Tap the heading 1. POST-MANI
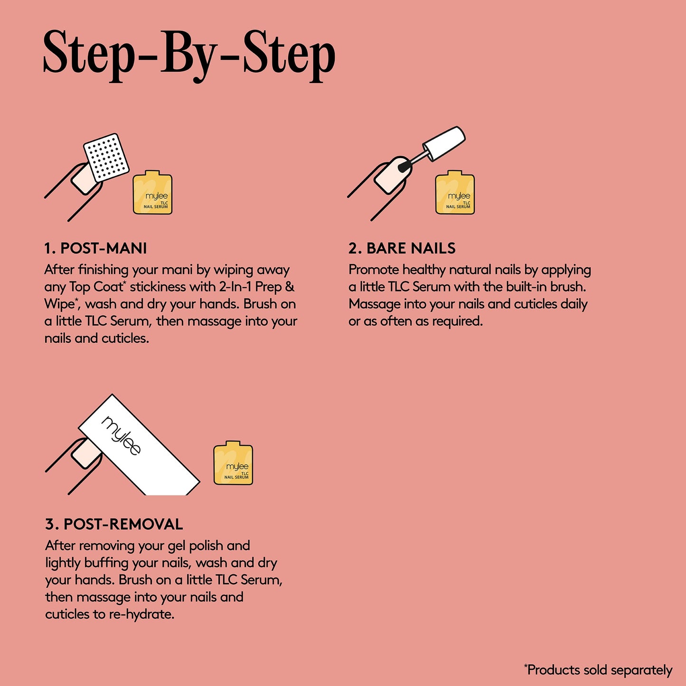pos(95,248)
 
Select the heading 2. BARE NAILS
pos(402,248)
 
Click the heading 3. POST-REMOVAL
pos(114,524)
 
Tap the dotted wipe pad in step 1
pos(106,158)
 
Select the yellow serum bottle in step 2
pos(455,193)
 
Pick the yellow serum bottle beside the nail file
pos(233,463)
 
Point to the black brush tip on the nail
pos(404,167)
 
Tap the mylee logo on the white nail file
pos(122,435)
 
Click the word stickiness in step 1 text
pos(158,287)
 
